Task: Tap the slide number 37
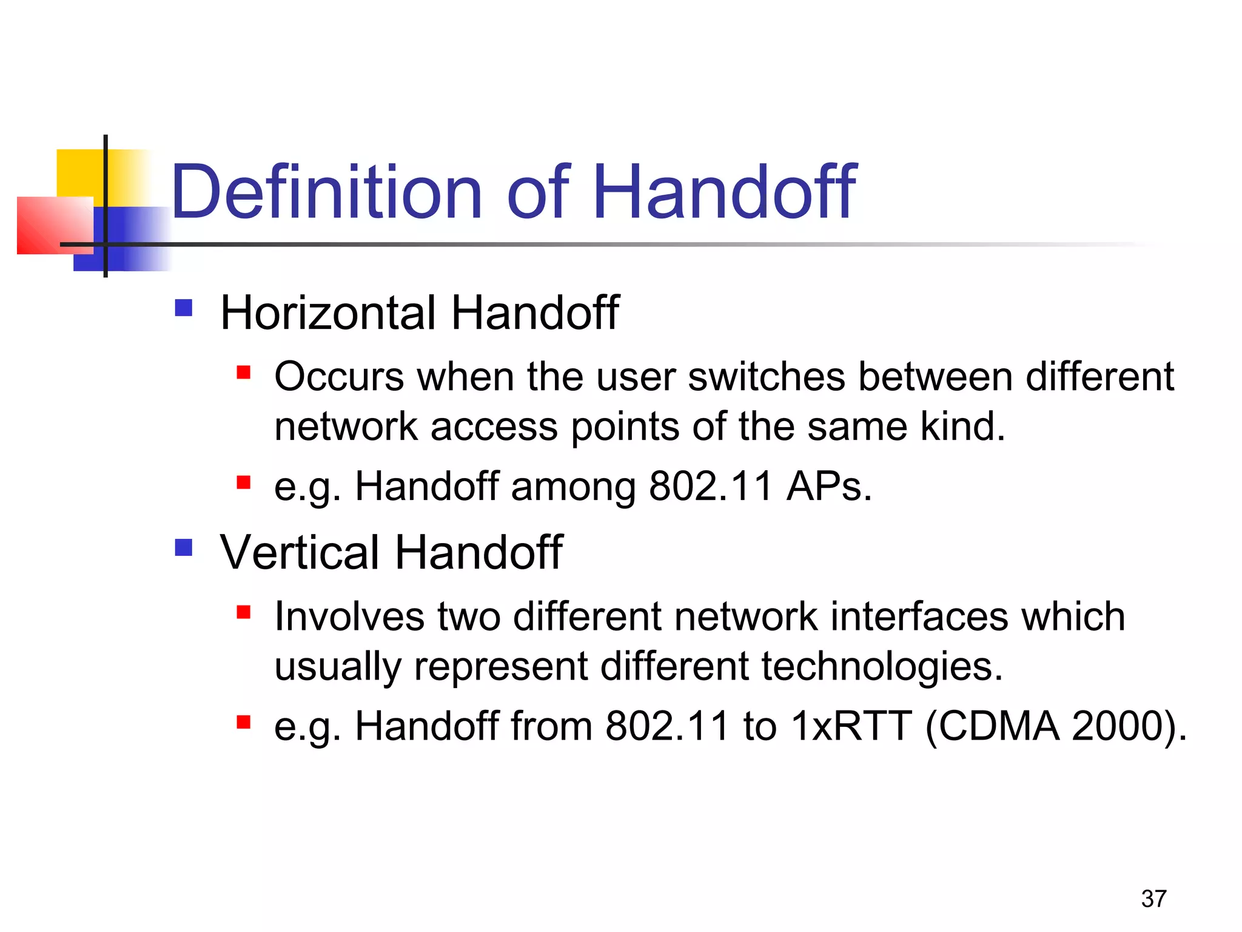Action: (x=1153, y=899)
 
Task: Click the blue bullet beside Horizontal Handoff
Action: (x=183, y=308)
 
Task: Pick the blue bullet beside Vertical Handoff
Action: (x=183, y=547)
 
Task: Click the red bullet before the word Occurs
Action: (x=244, y=372)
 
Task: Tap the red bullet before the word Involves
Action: (x=244, y=612)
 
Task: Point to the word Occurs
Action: (x=339, y=377)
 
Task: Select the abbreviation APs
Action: (x=828, y=487)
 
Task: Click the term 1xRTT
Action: (x=851, y=726)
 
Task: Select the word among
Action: (x=572, y=487)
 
